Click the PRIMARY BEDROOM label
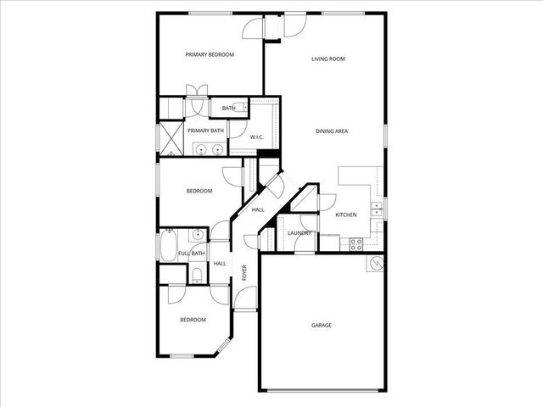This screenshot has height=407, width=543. (210, 54)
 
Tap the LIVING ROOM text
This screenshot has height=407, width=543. (327, 59)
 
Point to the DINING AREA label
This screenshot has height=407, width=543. (332, 131)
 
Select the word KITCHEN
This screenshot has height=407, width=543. (345, 215)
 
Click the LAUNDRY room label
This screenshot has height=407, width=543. (299, 233)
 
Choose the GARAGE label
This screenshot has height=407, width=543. (321, 325)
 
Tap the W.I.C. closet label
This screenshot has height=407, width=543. (258, 137)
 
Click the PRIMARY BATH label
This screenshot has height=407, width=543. (205, 131)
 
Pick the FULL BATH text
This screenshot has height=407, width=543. (192, 254)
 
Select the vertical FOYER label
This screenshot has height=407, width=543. (244, 273)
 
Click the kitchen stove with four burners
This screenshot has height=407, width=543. (357, 244)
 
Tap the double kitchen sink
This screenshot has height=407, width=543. (376, 209)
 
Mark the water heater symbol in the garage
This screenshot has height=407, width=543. (373, 265)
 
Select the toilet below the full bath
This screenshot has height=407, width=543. (196, 273)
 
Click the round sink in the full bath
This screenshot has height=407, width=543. (197, 235)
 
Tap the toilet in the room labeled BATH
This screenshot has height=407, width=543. (243, 108)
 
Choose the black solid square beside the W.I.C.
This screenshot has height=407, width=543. (269, 153)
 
